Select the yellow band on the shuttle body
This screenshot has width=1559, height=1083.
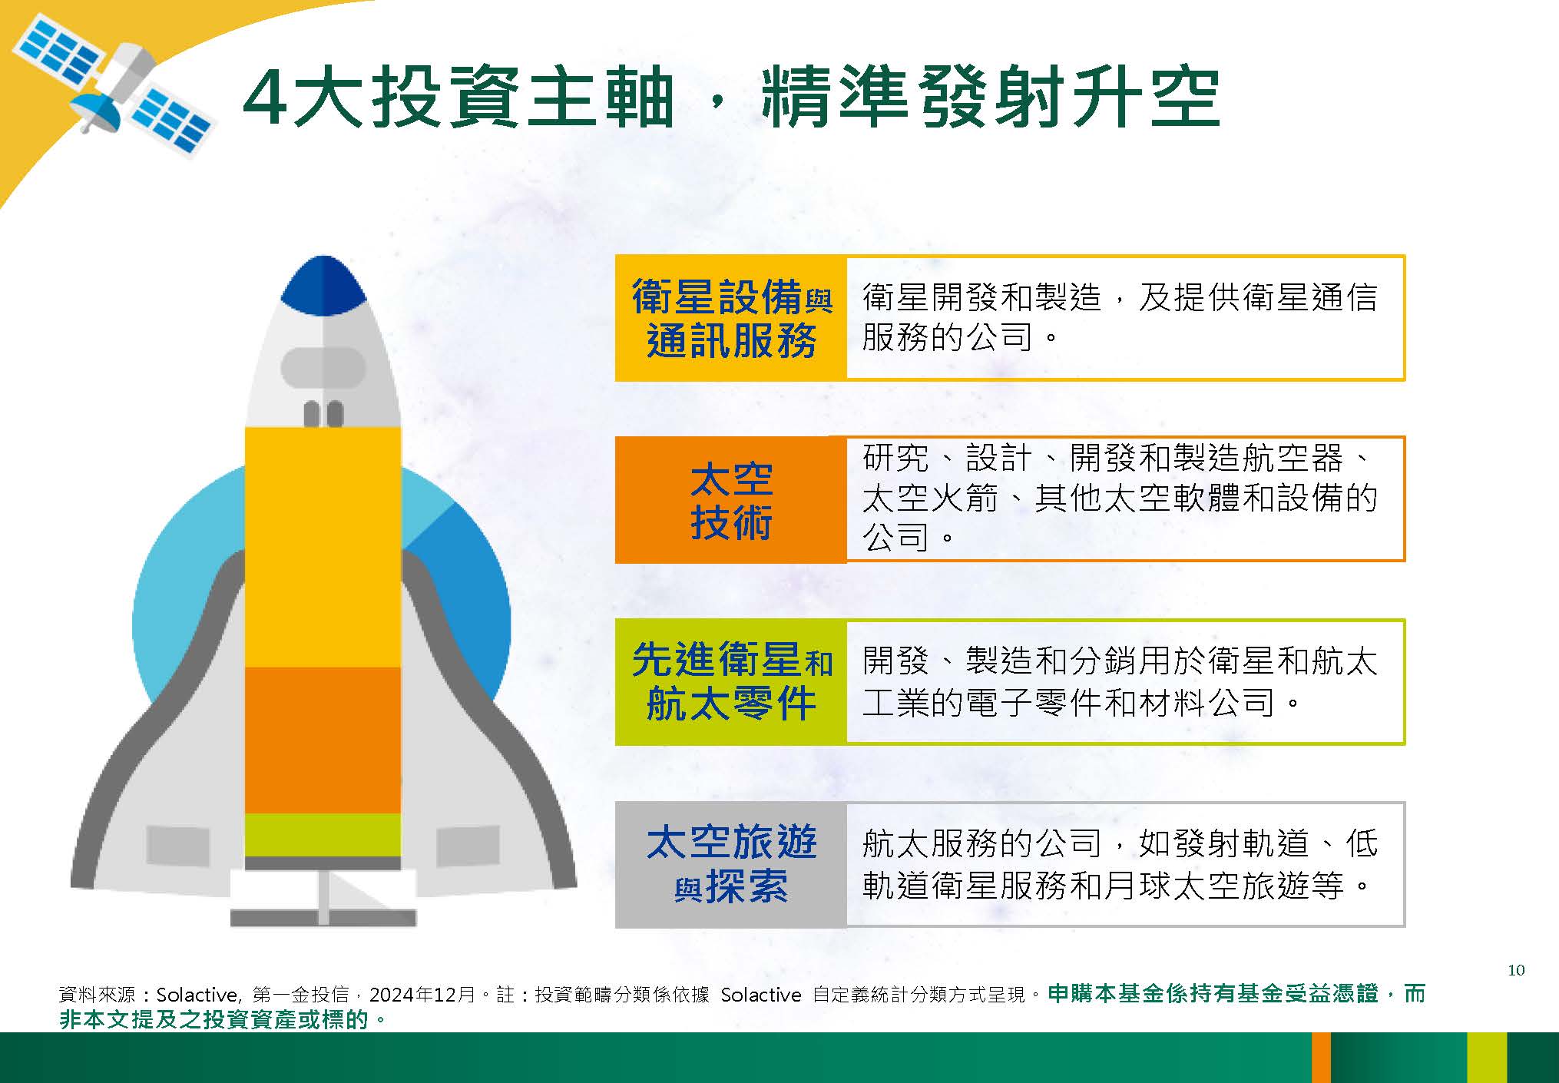click(323, 547)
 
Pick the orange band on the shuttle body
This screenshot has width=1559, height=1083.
click(323, 740)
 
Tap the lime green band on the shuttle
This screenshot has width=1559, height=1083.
click(323, 835)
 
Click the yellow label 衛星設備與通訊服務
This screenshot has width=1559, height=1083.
click(731, 318)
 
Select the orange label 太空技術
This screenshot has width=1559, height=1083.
click(731, 499)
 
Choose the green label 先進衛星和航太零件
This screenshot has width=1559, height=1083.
click(731, 682)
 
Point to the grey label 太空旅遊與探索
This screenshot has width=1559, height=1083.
click(731, 865)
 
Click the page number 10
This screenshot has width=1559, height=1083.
click(1516, 970)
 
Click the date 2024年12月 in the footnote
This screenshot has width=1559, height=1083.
click(422, 995)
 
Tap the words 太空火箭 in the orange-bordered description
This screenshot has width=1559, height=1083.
click(930, 498)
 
